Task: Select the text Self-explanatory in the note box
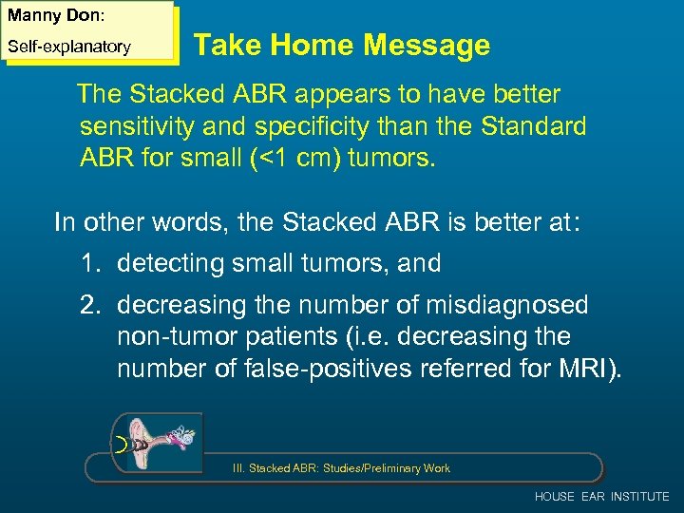coord(68,47)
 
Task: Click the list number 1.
coord(88,263)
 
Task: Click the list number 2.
coord(89,305)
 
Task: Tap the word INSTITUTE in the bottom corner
coord(640,497)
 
